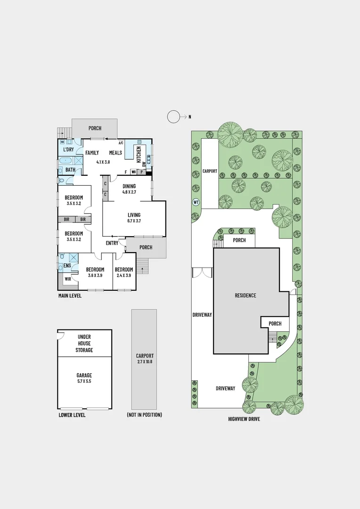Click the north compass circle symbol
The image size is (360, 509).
(174, 116)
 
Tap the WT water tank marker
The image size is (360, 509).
(196, 202)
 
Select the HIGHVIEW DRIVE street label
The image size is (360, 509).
(244, 419)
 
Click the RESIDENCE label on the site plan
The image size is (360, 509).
(245, 296)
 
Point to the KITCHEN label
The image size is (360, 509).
(139, 154)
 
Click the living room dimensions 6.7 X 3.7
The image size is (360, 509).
(134, 221)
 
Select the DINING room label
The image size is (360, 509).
(129, 186)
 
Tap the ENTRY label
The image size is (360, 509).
(112, 243)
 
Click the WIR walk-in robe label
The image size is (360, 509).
(67, 279)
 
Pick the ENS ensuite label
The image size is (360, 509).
(67, 266)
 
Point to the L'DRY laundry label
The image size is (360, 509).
(68, 150)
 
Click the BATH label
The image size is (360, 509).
(70, 170)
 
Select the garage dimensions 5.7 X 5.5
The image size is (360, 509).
(84, 381)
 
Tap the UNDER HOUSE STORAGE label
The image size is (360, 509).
(84, 344)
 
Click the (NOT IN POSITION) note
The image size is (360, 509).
(144, 415)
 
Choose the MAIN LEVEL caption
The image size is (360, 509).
(70, 296)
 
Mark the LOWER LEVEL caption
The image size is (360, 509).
(72, 415)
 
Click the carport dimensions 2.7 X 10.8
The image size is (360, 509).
(145, 362)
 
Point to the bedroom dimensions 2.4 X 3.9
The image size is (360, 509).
(124, 275)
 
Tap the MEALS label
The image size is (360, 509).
(115, 153)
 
